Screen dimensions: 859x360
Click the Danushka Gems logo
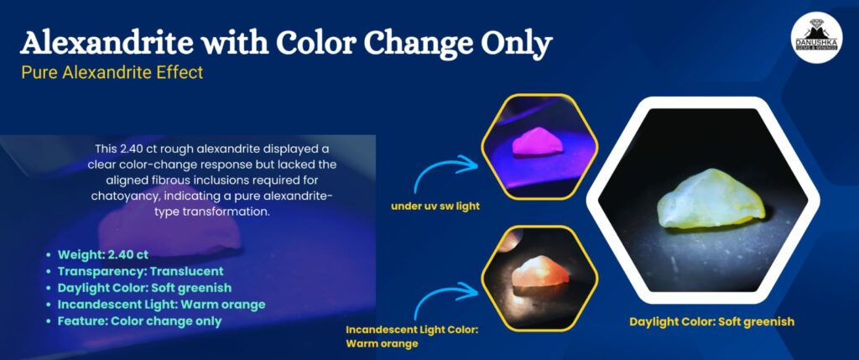tap(816, 39)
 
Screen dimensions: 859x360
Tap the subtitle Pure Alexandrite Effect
tap(112, 72)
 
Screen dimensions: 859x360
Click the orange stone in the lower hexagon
tap(540, 273)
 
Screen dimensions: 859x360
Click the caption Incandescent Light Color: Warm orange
tap(412, 337)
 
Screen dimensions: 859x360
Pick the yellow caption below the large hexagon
tap(711, 321)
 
